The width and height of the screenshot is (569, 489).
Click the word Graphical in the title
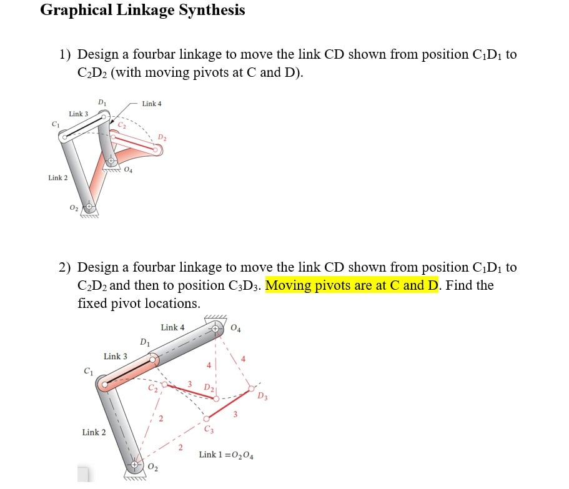point(76,11)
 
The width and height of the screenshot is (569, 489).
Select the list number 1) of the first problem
point(66,55)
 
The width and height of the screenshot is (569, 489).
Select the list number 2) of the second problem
point(66,268)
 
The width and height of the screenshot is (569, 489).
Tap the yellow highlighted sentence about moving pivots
point(352,286)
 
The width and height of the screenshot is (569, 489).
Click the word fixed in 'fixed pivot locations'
point(92,304)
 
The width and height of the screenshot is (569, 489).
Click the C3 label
point(209,429)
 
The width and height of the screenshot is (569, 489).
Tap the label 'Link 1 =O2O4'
point(225,454)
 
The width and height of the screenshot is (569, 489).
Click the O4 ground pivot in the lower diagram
point(215,327)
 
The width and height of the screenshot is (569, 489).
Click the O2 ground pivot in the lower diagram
point(136,466)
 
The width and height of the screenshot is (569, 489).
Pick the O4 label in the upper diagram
point(128,169)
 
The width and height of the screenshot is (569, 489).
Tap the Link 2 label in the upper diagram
point(59,178)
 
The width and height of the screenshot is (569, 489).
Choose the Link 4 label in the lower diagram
point(172,327)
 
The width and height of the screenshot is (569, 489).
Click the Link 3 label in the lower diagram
point(116,356)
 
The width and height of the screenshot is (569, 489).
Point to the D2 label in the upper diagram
point(162,137)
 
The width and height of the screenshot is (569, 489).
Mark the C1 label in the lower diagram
point(88,372)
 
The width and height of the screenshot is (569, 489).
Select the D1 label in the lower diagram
point(145,342)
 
